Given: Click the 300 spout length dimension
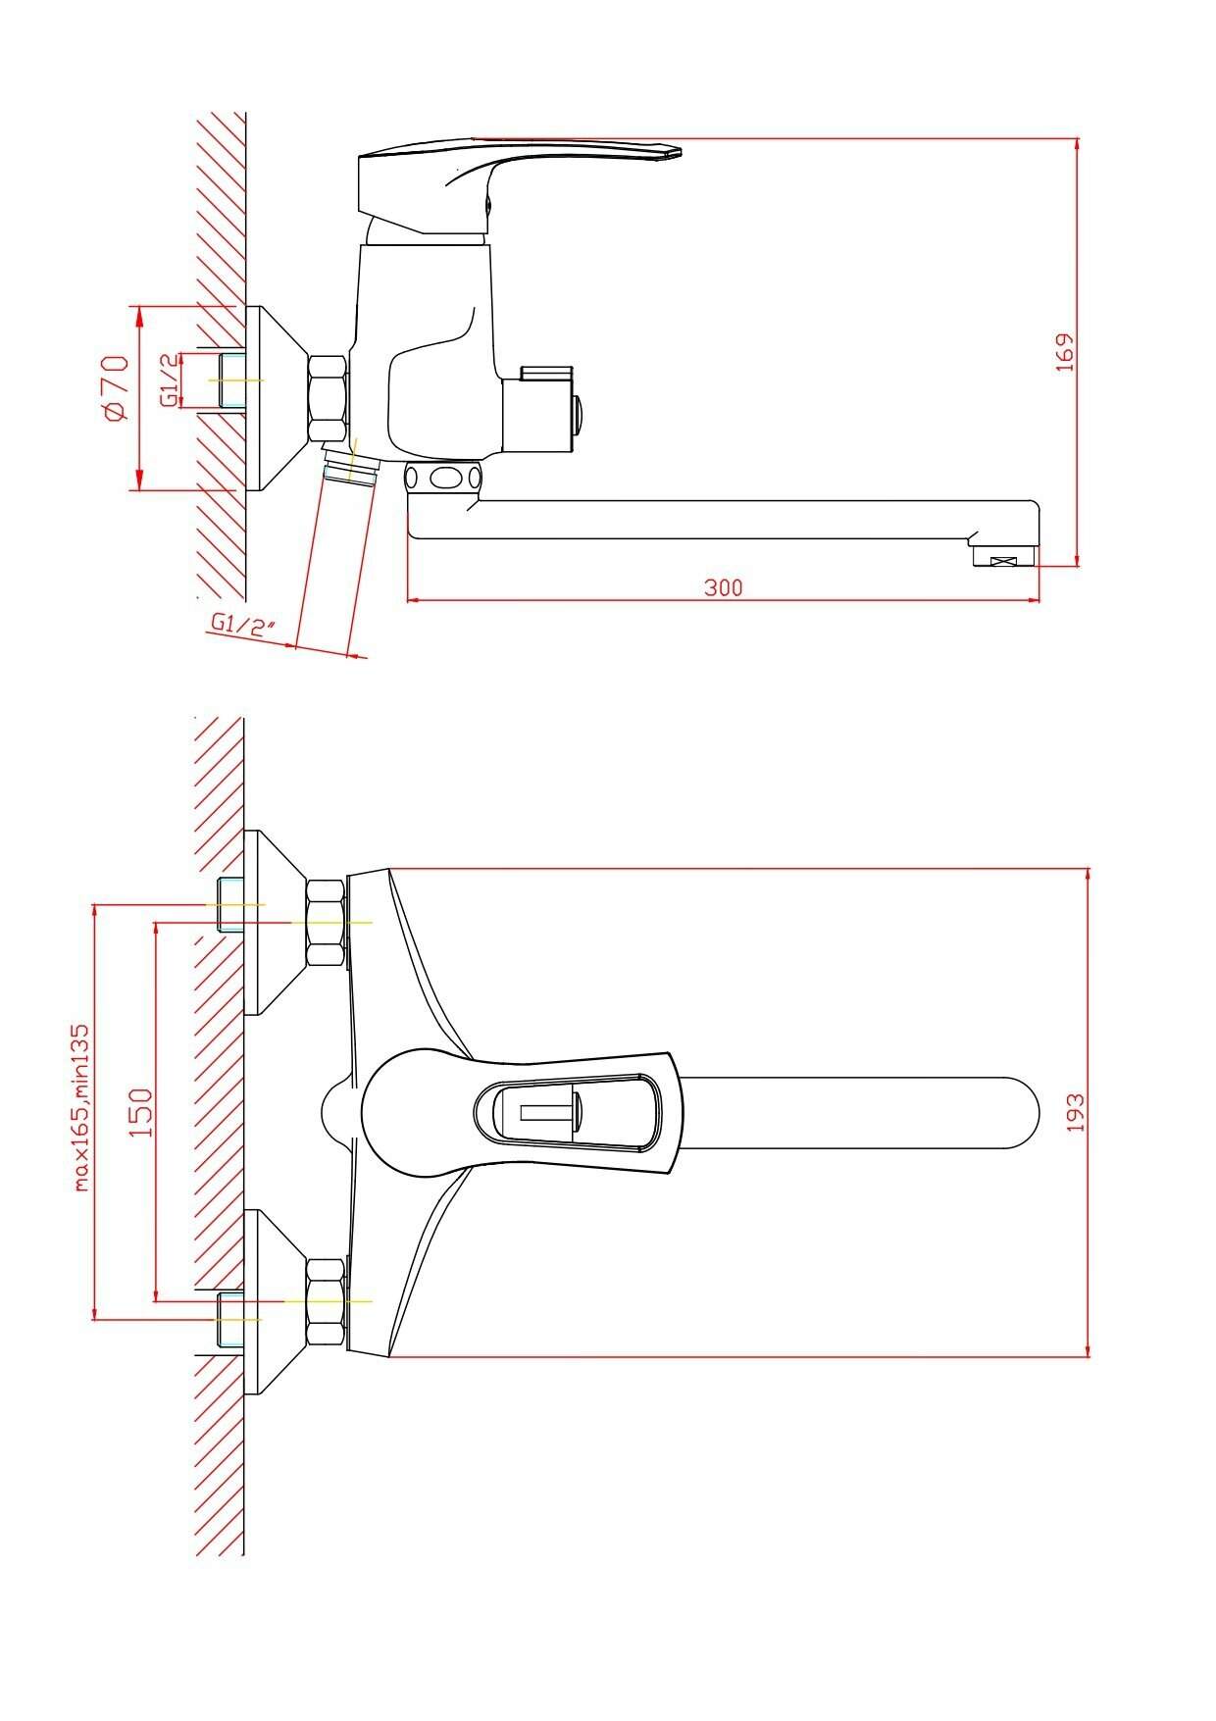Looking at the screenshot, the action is coord(724,587).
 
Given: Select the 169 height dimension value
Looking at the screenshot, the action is coord(1065,352).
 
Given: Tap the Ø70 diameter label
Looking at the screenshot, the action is coord(116,388).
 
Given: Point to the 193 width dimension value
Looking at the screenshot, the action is coord(1076,1113).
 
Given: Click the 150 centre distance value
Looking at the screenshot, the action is coord(142,1112).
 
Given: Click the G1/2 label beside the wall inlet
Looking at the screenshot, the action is coord(170,380).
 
